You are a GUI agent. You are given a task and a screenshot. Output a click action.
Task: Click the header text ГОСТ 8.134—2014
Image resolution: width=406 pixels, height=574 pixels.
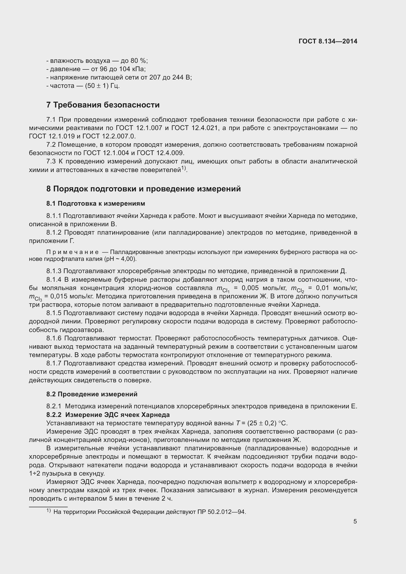pyautogui.click(x=328, y=41)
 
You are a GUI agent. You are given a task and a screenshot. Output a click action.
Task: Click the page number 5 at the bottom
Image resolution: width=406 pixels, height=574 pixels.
pyautogui.click(x=355, y=521)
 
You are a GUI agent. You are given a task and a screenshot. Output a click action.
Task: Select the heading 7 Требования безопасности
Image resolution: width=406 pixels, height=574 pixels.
pyautogui.click(x=103, y=105)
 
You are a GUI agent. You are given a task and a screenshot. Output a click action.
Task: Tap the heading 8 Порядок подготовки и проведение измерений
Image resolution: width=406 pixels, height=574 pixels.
pyautogui.click(x=143, y=188)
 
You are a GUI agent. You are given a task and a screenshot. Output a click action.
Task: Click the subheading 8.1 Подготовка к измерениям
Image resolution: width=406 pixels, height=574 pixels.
pyautogui.click(x=95, y=203)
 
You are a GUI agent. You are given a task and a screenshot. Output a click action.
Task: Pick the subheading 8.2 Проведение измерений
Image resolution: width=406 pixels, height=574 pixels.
pyautogui.click(x=92, y=394)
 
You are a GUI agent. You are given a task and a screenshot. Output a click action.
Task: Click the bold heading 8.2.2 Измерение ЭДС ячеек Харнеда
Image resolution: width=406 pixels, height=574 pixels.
pyautogui.click(x=108, y=415)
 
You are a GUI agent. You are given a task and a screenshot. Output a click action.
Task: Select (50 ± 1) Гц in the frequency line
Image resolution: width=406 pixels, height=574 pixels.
pyautogui.click(x=102, y=86)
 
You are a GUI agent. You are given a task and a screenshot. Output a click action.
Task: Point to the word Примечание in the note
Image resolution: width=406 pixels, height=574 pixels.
pyautogui.click(x=72, y=252)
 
